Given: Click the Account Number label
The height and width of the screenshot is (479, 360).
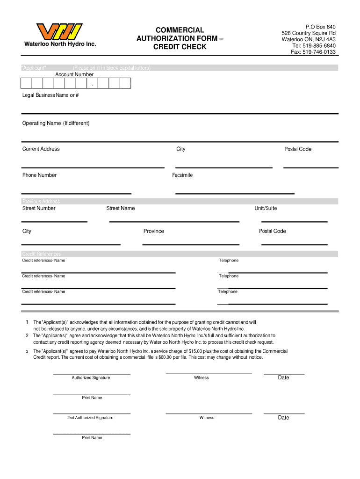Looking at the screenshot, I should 74,74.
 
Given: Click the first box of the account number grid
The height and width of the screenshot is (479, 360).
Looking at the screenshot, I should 26,83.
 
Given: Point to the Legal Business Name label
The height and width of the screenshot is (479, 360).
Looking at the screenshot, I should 50,95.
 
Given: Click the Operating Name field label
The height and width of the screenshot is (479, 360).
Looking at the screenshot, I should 56,123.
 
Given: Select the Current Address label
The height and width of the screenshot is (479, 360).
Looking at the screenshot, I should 41,149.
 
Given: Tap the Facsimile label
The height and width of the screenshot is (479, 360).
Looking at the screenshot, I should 182,175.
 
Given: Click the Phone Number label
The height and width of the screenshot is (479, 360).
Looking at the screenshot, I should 39,175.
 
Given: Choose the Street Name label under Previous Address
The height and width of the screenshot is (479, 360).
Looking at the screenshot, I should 121,208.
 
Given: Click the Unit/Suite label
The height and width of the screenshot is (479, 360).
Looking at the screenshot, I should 266,208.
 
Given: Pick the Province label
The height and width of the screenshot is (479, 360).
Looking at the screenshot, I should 153,231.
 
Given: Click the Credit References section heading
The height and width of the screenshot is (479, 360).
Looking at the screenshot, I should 42,254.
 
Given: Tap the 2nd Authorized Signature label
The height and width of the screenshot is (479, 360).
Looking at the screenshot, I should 90,418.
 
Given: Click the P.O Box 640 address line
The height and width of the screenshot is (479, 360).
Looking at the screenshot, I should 320,27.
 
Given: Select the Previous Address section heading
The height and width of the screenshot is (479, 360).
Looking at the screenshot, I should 41,202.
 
